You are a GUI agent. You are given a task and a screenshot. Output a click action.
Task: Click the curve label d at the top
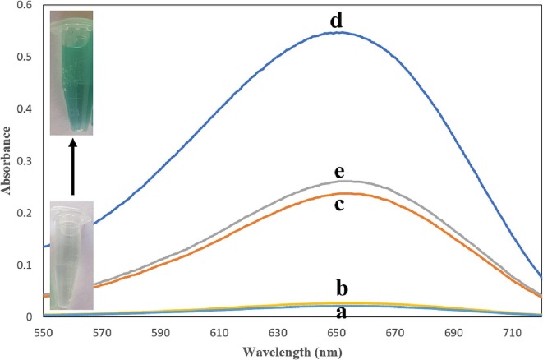(337, 21)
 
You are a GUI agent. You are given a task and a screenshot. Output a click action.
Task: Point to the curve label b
(343, 288)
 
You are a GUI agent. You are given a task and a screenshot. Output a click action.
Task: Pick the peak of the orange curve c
(340, 194)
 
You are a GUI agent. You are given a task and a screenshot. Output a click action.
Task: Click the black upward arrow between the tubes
(72, 167)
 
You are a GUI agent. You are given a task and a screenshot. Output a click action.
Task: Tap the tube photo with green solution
(71, 72)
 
